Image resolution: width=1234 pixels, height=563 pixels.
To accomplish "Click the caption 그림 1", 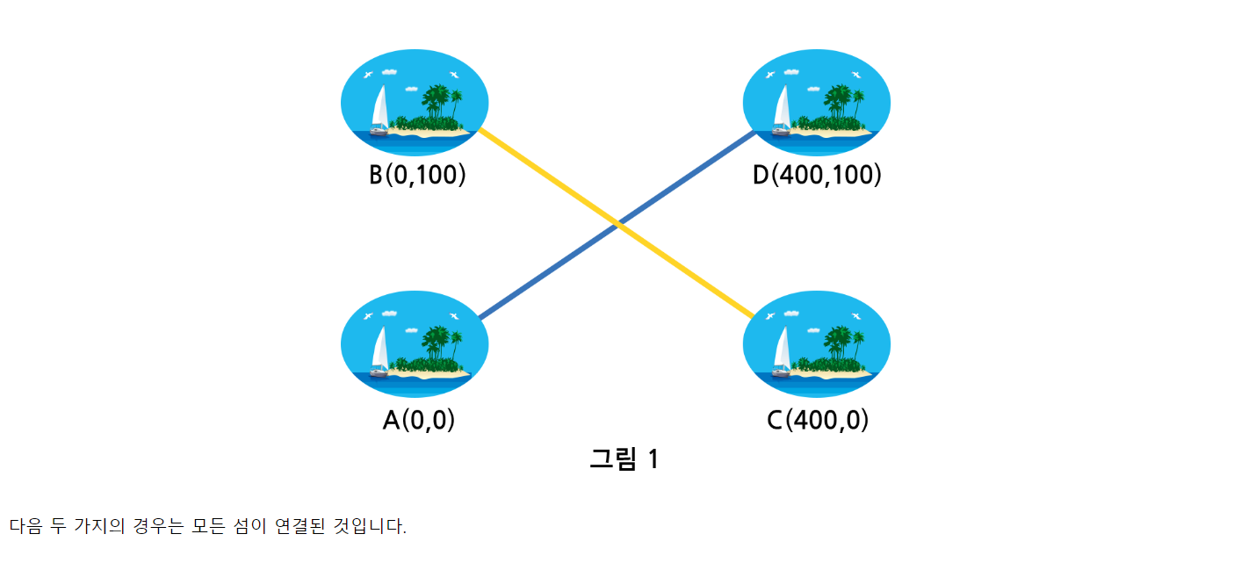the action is (x=624, y=458).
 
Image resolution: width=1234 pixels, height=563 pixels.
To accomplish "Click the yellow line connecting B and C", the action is (x=545, y=176).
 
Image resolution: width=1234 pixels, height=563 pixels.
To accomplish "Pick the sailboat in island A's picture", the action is (x=379, y=351).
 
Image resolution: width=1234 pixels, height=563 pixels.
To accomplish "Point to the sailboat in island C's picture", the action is (x=782, y=351).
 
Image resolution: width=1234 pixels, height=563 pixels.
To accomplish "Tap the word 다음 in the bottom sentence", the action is (x=25, y=526).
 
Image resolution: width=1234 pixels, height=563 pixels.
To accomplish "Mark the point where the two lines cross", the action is (x=619, y=227).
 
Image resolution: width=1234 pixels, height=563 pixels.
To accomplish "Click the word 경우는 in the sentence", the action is (x=152, y=526).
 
